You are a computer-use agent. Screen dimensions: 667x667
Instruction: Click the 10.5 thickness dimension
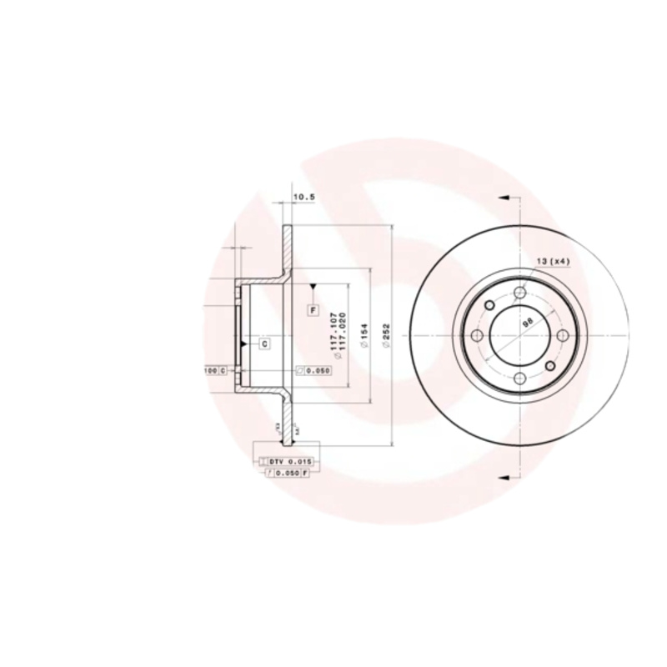(304, 198)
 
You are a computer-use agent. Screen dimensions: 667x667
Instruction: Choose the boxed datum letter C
(263, 343)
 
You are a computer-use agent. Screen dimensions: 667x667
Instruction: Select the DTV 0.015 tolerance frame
(286, 461)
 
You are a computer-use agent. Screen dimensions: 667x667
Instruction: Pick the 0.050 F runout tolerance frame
(286, 473)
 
